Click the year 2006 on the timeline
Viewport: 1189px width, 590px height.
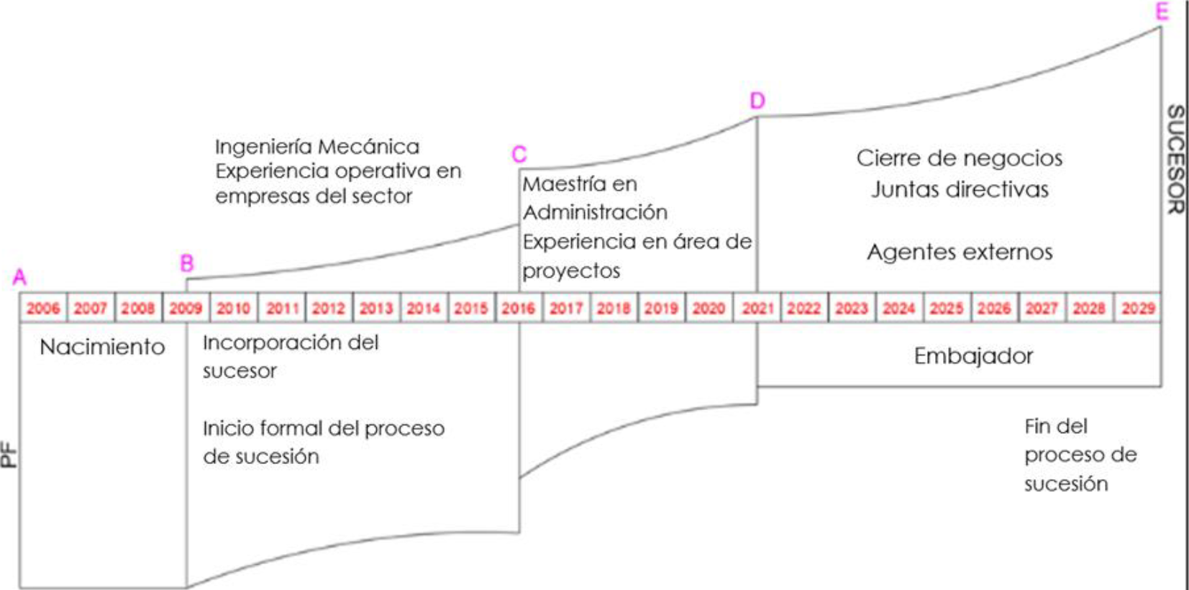click(x=43, y=309)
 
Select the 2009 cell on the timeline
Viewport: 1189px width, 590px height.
click(x=186, y=309)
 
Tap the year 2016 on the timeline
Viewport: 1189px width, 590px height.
click(x=518, y=309)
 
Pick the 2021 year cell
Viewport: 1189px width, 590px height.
click(x=757, y=309)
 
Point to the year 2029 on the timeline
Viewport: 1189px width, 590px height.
click(x=1138, y=309)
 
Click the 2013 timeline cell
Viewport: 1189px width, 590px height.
click(x=376, y=309)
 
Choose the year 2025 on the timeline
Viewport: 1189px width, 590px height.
click(x=947, y=309)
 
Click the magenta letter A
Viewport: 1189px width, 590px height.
click(x=19, y=278)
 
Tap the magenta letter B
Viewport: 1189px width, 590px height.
click(x=187, y=263)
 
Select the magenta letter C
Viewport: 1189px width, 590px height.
click(x=519, y=154)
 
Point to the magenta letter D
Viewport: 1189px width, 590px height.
click(x=757, y=101)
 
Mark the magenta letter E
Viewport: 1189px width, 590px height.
click(x=1162, y=12)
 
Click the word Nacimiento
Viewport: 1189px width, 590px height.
click(x=102, y=347)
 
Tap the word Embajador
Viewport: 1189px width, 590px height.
click(x=973, y=356)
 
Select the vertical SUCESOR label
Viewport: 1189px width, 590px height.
click(x=1175, y=159)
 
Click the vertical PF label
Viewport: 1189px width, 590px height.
click(x=9, y=455)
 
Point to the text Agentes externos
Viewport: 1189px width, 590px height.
click(x=960, y=252)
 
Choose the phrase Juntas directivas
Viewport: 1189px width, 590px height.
click(x=960, y=189)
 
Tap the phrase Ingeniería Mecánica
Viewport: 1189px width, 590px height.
click(x=317, y=147)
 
